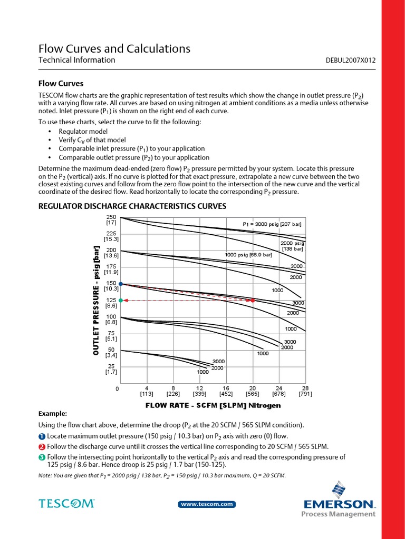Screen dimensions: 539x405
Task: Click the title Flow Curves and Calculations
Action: (x=114, y=49)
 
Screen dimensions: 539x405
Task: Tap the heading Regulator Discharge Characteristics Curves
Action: (x=132, y=206)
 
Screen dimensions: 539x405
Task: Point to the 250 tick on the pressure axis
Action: (x=111, y=217)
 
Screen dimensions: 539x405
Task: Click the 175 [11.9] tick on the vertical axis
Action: (x=111, y=269)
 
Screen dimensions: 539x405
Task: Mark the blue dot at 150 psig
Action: (x=121, y=284)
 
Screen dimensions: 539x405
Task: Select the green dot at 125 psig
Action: (x=121, y=300)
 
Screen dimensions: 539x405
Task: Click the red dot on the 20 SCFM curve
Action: (x=253, y=300)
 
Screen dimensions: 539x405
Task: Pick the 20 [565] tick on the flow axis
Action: (x=253, y=391)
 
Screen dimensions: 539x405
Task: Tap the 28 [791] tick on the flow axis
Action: (x=305, y=391)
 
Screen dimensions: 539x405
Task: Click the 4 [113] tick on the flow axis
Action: (x=147, y=391)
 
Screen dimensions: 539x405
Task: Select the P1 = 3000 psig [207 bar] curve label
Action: (x=272, y=224)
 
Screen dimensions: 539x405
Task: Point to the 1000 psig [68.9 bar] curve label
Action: (x=248, y=255)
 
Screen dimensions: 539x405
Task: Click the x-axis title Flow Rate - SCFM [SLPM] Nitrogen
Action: (x=213, y=405)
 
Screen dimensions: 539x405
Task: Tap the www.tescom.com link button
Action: (x=208, y=504)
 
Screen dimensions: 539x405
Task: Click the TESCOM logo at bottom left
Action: (x=66, y=504)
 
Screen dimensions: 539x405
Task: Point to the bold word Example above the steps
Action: (x=53, y=414)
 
